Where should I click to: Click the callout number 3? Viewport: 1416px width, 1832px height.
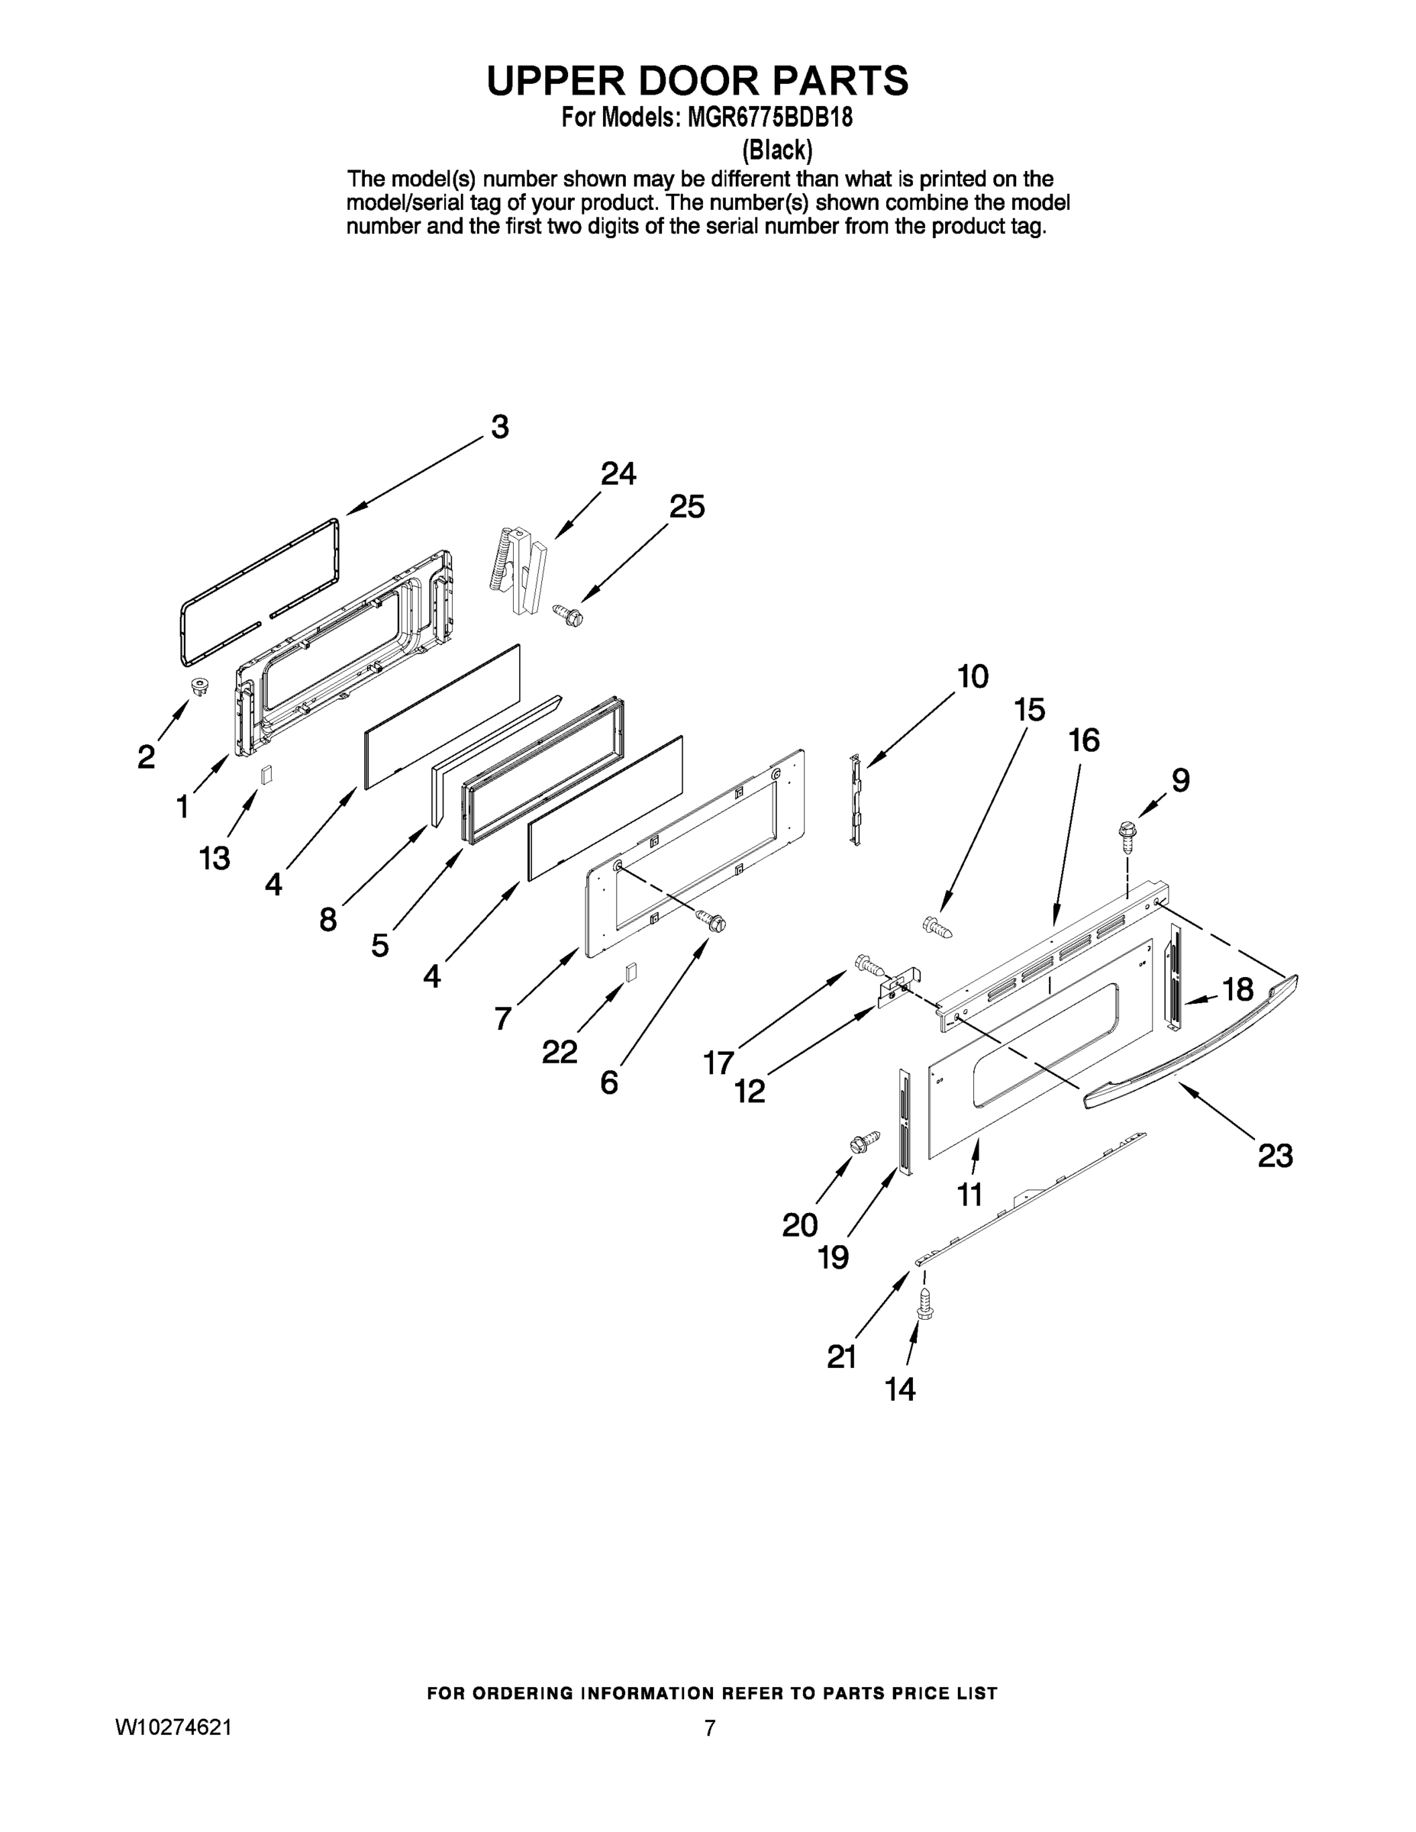[x=500, y=427]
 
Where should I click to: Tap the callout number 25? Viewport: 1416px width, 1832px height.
[x=686, y=507]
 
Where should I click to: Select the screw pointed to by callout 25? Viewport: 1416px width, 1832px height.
[x=568, y=616]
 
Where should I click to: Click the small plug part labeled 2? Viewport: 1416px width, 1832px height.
[x=200, y=686]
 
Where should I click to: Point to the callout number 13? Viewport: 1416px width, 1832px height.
[x=214, y=858]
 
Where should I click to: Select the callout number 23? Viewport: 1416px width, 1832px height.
[x=1275, y=1156]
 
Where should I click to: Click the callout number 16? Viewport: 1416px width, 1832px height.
[x=1084, y=740]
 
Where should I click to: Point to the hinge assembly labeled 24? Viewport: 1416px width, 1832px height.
[x=518, y=570]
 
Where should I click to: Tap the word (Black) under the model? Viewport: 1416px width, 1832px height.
[x=777, y=150]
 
